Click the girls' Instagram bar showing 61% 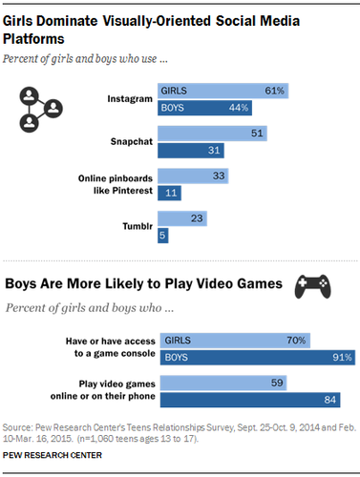223,92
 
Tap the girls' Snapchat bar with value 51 211,134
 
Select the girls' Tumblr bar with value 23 182,218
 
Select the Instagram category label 129,98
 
